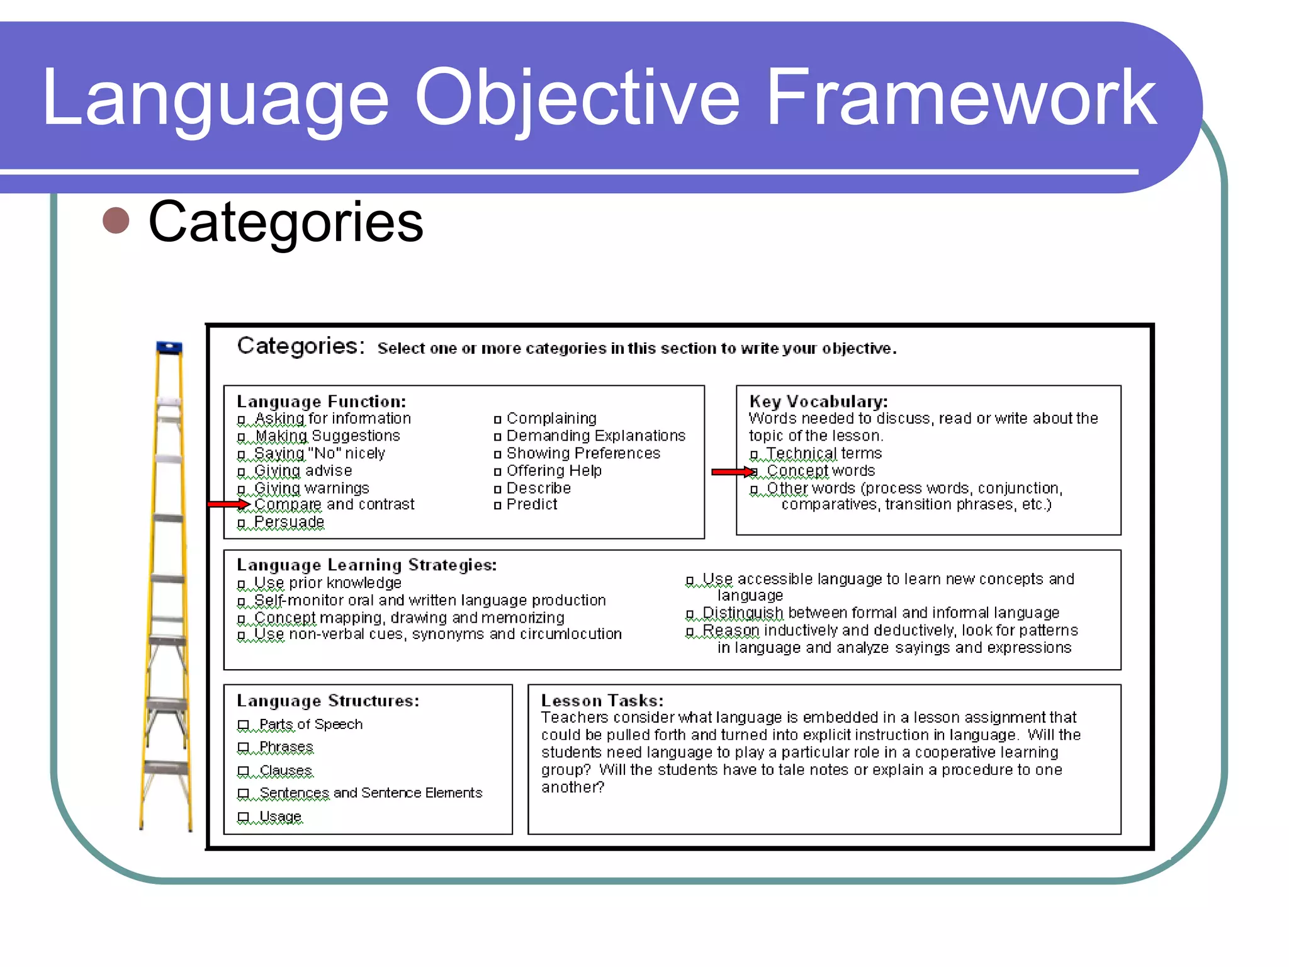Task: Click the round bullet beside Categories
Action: point(116,220)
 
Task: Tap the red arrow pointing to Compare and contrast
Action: point(228,504)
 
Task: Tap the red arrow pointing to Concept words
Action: point(733,472)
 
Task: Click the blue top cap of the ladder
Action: point(169,347)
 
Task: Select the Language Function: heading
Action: point(321,402)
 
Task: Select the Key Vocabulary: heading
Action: point(818,402)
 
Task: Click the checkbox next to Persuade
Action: point(241,523)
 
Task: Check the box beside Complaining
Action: point(497,419)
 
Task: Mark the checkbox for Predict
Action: point(497,505)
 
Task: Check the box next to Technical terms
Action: point(753,455)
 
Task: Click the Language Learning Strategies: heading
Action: point(366,565)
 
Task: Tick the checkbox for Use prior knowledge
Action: point(241,584)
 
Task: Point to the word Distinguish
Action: point(743,613)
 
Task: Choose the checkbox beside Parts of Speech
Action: point(244,725)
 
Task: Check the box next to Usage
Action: point(244,817)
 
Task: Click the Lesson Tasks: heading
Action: point(602,701)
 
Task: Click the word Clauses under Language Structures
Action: point(286,771)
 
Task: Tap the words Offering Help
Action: point(554,470)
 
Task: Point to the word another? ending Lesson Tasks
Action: point(572,788)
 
